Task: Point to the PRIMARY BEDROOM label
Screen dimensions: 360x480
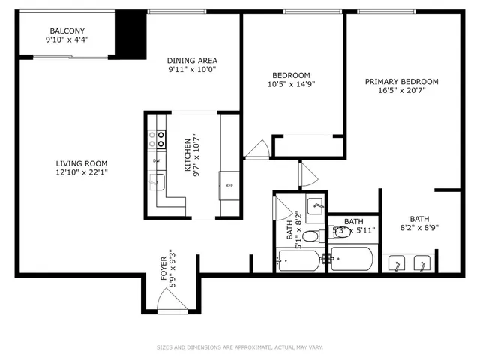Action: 401,81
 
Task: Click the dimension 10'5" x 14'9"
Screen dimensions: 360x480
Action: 290,85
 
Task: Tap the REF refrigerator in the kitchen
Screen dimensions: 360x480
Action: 228,185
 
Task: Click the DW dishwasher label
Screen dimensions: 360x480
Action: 156,161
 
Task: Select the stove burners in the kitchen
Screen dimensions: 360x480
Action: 158,139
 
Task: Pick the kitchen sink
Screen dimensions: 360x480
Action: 157,181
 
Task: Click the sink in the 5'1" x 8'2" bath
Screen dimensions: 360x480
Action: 316,204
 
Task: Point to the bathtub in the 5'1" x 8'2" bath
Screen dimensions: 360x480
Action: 298,262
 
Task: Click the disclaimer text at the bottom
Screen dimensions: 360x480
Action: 239,346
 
